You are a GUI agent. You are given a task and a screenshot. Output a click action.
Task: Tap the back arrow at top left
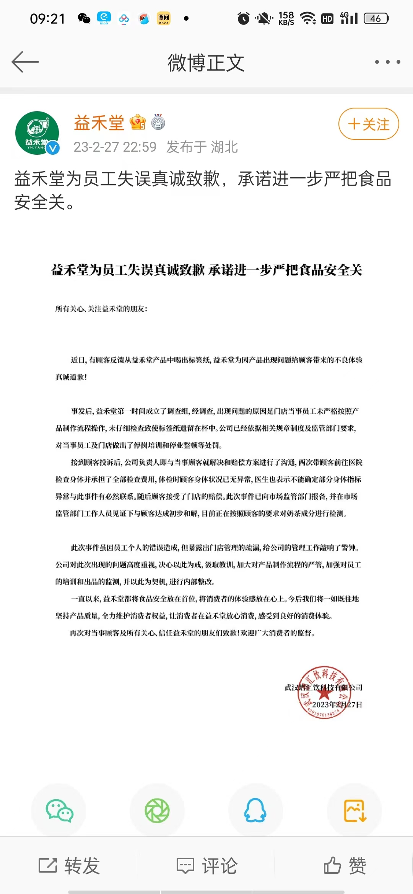[x=25, y=62]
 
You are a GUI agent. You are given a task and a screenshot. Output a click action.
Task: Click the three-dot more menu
[x=387, y=62]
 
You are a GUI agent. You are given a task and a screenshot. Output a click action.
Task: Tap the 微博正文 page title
[x=206, y=63]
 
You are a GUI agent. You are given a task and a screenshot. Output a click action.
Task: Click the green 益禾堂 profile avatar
[x=37, y=133]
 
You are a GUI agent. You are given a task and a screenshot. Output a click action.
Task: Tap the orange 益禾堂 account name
[x=99, y=123]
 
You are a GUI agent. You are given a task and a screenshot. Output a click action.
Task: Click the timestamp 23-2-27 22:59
[x=115, y=147]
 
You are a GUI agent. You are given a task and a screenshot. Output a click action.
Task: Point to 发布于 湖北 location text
[x=202, y=147]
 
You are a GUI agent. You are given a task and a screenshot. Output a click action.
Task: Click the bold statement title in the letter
[x=206, y=270]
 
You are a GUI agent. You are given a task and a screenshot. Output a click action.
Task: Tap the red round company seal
[x=324, y=692]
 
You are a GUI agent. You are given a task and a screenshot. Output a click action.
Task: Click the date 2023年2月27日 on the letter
[x=337, y=705]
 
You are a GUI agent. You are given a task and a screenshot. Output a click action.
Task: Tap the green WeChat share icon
[x=59, y=811]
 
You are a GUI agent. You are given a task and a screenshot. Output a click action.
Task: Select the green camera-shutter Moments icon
[x=157, y=811]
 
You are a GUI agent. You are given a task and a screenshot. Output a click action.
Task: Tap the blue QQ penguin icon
[x=255, y=811]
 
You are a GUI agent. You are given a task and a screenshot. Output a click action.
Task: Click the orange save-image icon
[x=355, y=811]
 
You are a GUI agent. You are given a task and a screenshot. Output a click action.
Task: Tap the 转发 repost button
[x=69, y=866]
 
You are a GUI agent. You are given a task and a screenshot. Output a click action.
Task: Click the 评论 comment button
[x=207, y=866]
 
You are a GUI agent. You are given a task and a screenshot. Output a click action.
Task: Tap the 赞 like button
[x=345, y=866]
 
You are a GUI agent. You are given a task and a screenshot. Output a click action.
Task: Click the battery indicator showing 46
[x=376, y=18]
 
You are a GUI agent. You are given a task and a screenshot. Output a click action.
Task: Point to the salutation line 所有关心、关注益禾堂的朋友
[x=101, y=309]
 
